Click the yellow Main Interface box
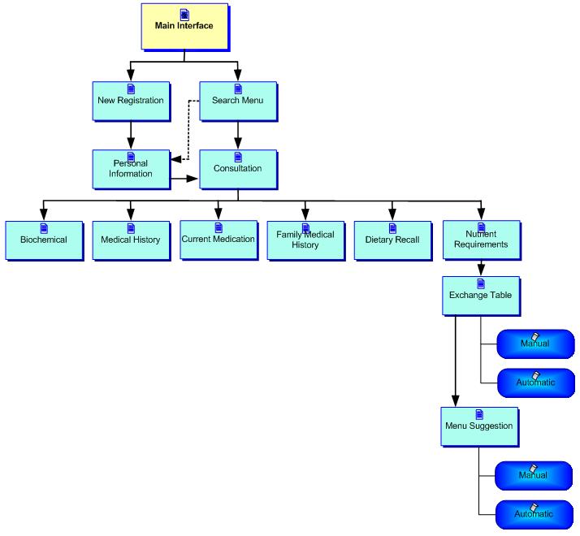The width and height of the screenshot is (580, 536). point(184,27)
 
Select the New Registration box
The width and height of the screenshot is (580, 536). point(130,101)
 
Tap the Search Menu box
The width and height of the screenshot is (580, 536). point(238,101)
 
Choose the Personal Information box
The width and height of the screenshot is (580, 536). point(130,168)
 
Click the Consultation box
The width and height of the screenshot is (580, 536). point(238,168)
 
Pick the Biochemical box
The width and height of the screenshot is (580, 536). point(44,240)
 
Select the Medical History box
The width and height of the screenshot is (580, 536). point(130,240)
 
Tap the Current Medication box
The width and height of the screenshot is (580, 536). point(218,239)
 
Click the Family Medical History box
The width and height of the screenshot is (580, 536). point(305,240)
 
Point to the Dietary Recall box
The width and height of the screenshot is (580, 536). point(392,240)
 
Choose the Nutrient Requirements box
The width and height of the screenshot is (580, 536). point(481,240)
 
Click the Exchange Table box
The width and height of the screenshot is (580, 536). point(481,296)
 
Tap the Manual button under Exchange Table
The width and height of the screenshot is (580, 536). point(535,344)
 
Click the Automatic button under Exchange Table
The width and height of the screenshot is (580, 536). point(535,382)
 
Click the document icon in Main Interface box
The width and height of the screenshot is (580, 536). point(184,14)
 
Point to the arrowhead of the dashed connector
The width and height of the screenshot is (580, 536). point(176,160)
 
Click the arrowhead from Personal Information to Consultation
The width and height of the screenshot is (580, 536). point(193,177)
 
